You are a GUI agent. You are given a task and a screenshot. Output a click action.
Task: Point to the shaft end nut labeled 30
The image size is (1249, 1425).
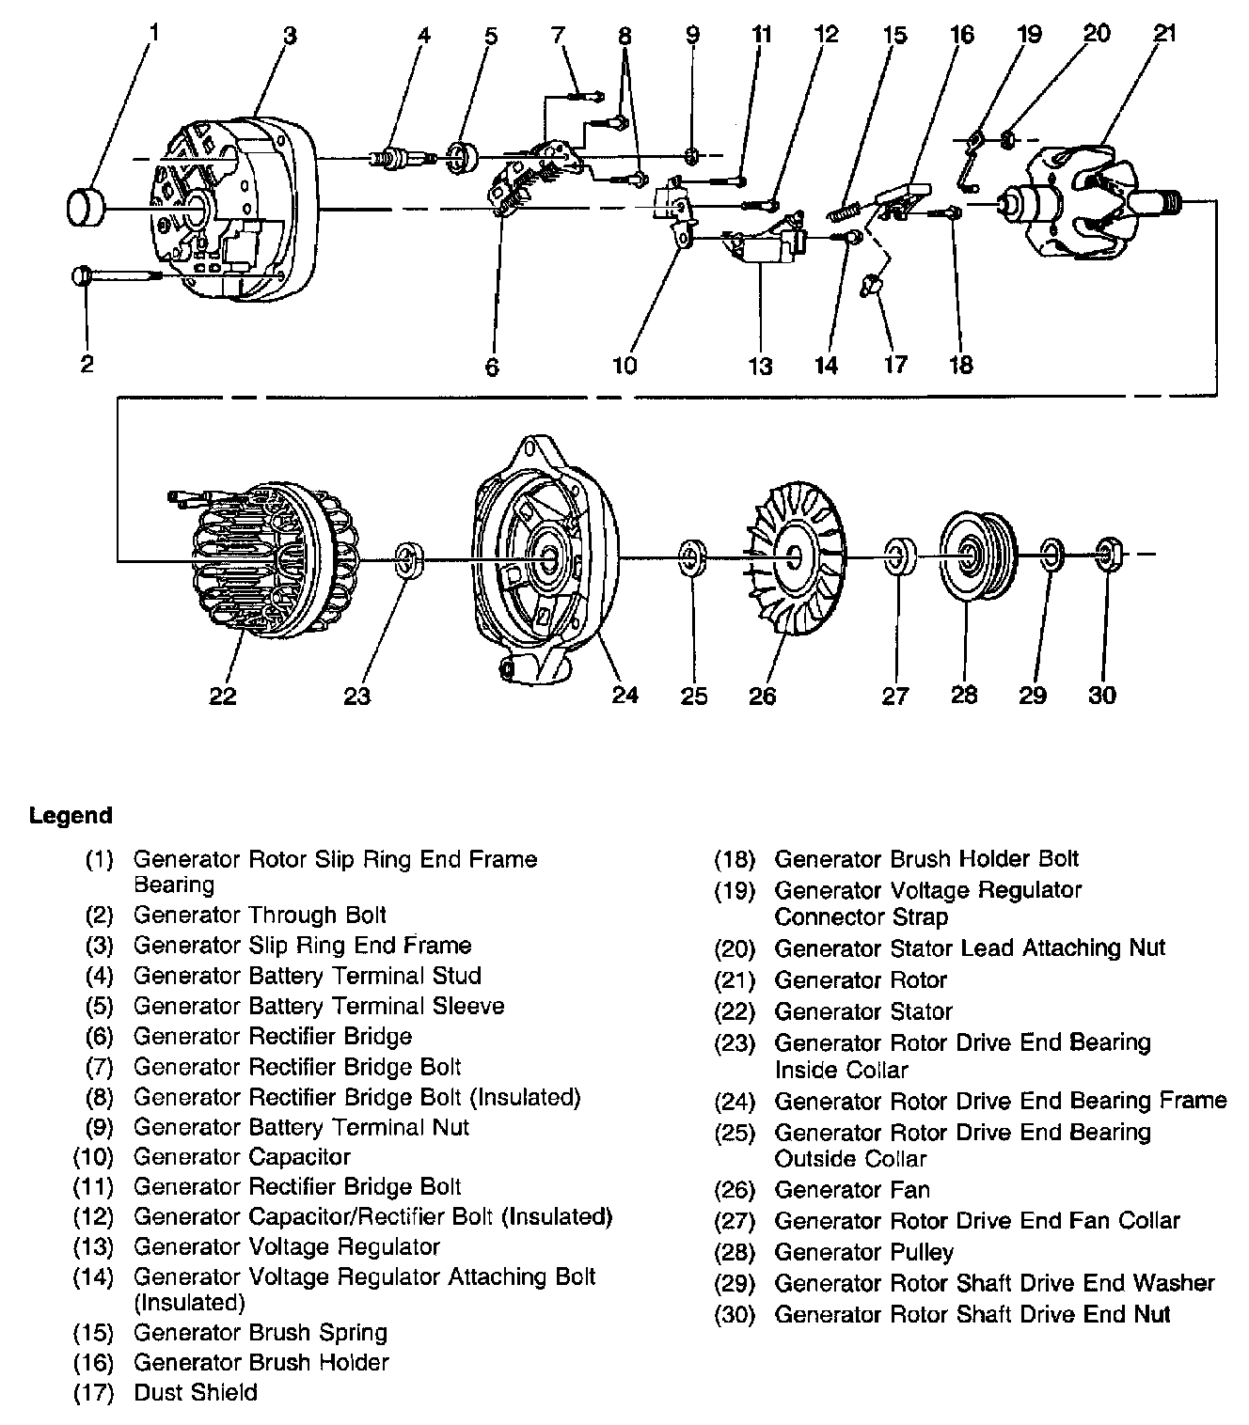pos(1108,555)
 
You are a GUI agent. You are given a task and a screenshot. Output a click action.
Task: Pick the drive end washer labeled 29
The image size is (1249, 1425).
pos(1051,556)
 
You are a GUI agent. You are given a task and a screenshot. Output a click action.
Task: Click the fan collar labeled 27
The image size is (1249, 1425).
pos(899,556)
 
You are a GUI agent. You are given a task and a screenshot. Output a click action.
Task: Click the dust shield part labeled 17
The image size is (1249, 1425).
pos(871,283)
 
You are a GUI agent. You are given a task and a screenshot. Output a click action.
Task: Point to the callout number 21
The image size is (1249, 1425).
pos(1164,34)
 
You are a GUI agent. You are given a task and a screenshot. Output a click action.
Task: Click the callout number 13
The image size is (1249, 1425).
pos(759,365)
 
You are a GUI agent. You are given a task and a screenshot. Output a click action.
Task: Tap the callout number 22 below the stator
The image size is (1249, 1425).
pos(222,697)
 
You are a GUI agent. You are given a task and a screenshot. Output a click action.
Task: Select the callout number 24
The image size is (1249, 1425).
pos(624,695)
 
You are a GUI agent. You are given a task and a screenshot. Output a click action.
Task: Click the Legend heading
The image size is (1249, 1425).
pos(71,815)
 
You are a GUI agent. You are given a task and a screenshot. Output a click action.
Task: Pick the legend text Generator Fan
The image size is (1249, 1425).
pos(851,1190)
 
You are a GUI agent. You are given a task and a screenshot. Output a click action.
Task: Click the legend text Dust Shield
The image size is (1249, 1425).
pos(195,1392)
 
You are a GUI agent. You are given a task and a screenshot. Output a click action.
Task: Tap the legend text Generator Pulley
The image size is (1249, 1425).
pos(863,1252)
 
